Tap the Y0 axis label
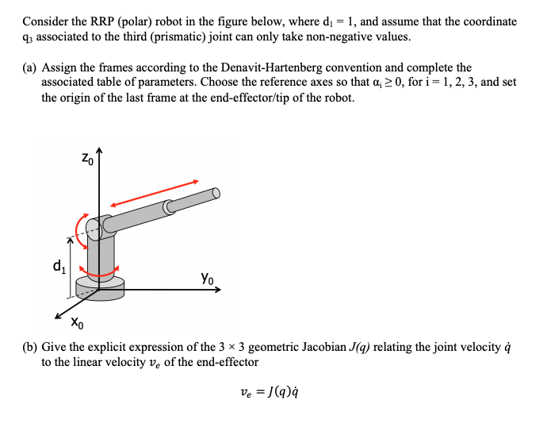pos(206,279)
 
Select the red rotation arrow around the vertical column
pos(101,273)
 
